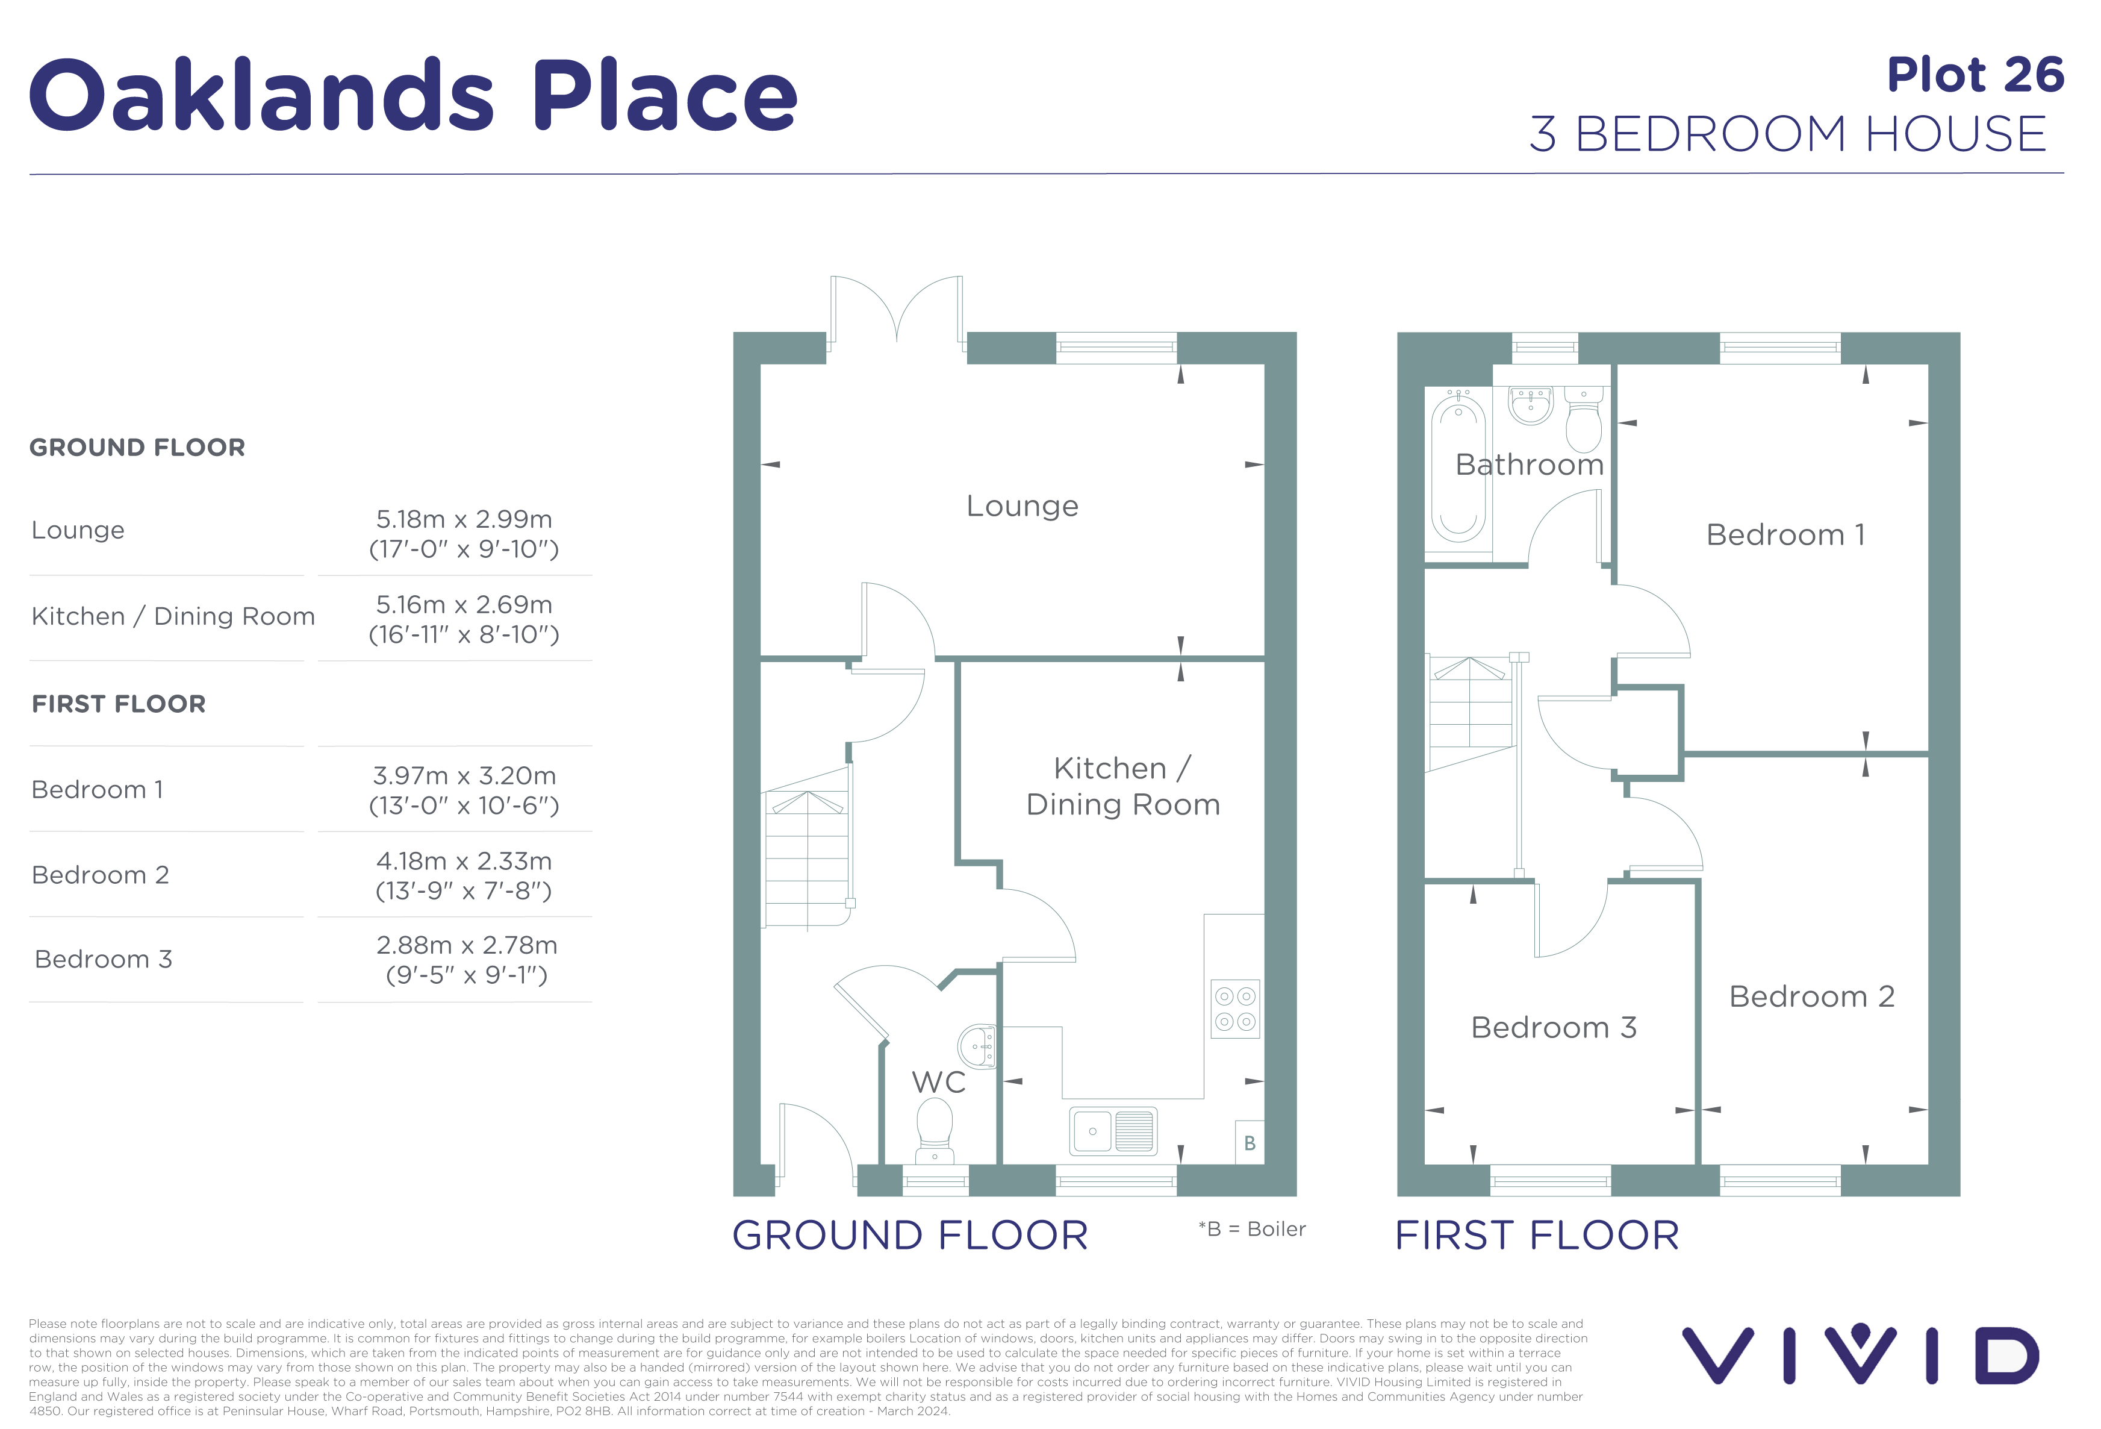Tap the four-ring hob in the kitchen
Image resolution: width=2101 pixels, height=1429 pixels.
[x=1235, y=1008]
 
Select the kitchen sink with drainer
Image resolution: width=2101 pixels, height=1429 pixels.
[x=1113, y=1131]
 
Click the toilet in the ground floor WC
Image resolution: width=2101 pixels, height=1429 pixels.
[x=935, y=1130]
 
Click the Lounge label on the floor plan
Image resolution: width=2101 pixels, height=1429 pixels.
[x=1022, y=505]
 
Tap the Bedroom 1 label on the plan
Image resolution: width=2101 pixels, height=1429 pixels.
[x=1785, y=534]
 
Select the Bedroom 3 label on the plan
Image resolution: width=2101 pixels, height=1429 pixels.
[x=1554, y=1027]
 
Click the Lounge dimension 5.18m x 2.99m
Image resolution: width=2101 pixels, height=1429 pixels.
[x=464, y=519]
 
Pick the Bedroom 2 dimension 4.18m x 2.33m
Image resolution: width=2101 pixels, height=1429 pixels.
[x=464, y=861]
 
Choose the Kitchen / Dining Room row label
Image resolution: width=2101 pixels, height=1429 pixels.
[x=173, y=616]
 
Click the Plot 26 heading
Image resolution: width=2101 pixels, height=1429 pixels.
[x=1976, y=74]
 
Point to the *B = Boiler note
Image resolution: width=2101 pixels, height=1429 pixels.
[x=1252, y=1228]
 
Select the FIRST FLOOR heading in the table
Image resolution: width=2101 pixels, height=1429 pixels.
[x=119, y=704]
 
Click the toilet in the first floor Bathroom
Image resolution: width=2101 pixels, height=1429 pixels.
[x=1584, y=420]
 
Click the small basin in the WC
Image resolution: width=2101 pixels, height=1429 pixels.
[x=978, y=1047]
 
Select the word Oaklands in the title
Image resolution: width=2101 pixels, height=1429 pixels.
[x=261, y=95]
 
